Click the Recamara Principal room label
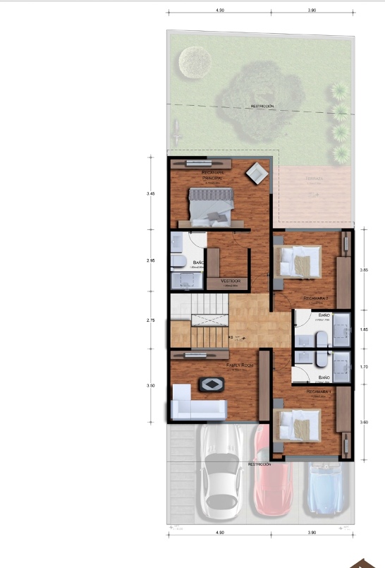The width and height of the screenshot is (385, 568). (x=217, y=176)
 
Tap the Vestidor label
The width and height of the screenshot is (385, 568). (x=231, y=281)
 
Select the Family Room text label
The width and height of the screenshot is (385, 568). (x=240, y=365)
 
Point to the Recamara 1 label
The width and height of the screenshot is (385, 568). (x=319, y=391)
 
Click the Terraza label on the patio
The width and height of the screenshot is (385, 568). (x=314, y=179)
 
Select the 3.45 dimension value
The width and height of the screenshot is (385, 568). (x=150, y=193)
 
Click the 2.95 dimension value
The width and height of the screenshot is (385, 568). (x=150, y=260)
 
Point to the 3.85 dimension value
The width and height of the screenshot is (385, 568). (x=364, y=270)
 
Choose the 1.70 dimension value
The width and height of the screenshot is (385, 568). (x=364, y=367)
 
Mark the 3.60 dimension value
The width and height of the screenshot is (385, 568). (x=364, y=422)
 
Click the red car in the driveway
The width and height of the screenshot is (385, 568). (x=272, y=473)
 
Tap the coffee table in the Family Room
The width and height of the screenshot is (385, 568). (x=212, y=385)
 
